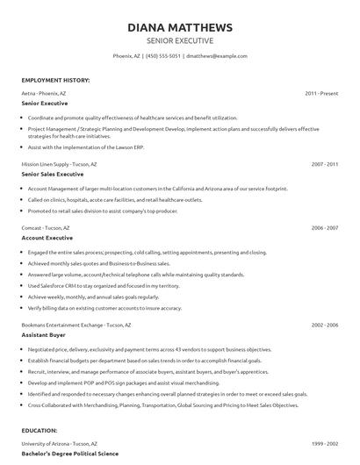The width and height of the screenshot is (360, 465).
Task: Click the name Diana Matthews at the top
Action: pyautogui.click(x=180, y=26)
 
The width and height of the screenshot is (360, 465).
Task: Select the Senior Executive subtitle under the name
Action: pyautogui.click(x=180, y=40)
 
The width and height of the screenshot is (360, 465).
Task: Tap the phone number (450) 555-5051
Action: pyautogui.click(x=163, y=55)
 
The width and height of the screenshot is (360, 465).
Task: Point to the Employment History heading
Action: pyautogui.click(x=55, y=80)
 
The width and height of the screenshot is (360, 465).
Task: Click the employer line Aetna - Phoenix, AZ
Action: pyautogui.click(x=44, y=93)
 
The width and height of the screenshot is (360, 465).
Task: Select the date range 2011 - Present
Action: pyautogui.click(x=322, y=93)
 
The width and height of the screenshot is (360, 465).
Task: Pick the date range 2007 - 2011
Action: pyautogui.click(x=325, y=164)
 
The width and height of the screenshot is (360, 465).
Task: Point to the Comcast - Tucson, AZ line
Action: pyautogui.click(x=46, y=227)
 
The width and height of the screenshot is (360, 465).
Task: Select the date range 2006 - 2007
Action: pyautogui.click(x=325, y=227)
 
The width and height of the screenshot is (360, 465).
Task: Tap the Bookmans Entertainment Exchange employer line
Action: pyautogui.click(x=76, y=325)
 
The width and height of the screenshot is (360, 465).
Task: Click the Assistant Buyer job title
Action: pyautogui.click(x=44, y=335)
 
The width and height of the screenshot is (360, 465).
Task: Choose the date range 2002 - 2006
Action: pyautogui.click(x=325, y=325)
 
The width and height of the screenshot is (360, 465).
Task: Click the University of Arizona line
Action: pyautogui.click(x=57, y=445)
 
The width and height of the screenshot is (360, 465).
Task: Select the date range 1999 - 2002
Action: pyautogui.click(x=325, y=445)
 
